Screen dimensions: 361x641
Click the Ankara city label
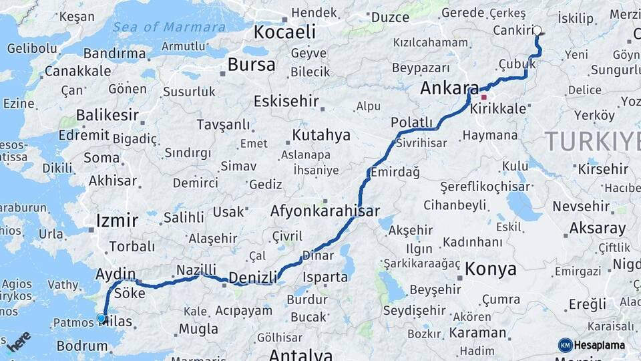point(449,89)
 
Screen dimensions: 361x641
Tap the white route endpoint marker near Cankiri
point(538,31)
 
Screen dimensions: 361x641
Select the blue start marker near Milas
point(101,319)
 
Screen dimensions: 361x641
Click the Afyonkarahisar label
point(325,211)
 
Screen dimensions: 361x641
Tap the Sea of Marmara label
point(169,27)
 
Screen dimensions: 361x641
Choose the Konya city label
point(491,269)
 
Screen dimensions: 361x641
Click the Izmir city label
point(117,221)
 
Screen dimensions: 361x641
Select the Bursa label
point(251,65)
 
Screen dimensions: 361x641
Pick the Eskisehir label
point(285,101)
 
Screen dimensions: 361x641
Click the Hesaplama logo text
point(597,345)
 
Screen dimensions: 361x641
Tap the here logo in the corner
point(19,342)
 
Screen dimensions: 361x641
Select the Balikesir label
point(107,115)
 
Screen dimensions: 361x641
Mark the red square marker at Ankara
point(483,97)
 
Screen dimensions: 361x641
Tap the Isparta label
point(325,277)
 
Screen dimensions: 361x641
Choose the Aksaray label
point(597,229)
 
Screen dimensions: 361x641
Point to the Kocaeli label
point(284,31)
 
